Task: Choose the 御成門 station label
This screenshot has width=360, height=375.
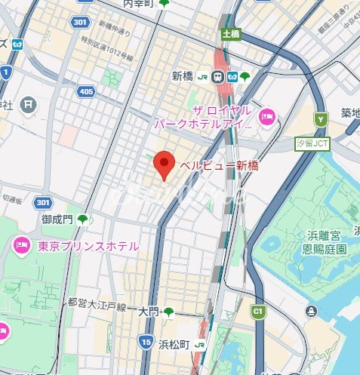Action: (x=57, y=219)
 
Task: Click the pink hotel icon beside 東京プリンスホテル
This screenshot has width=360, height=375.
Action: (x=20, y=244)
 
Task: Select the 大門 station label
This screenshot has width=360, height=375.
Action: (x=149, y=311)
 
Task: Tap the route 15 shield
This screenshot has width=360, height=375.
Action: (x=144, y=343)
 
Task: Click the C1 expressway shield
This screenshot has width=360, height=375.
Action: (x=258, y=310)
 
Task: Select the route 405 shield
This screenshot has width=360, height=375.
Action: (x=87, y=91)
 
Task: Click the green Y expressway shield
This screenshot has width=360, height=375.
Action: (x=322, y=119)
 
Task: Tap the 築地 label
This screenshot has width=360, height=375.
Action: (x=349, y=113)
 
